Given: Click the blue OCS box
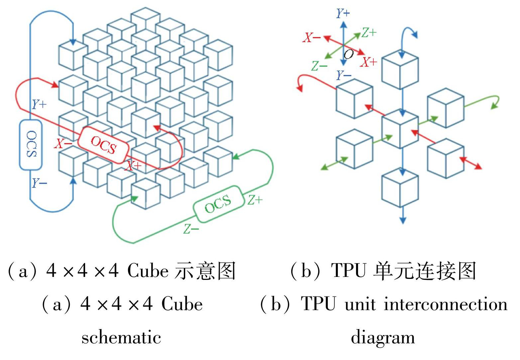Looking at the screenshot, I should (31, 145).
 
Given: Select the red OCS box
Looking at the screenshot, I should (103, 145).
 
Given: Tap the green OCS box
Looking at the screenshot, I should (218, 203).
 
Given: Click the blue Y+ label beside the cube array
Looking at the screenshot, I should (39, 104).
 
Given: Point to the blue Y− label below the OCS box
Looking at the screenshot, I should (39, 183).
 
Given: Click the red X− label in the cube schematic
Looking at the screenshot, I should (63, 144).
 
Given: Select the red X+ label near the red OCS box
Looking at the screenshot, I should (133, 166).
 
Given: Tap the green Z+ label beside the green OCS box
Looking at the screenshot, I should (255, 200).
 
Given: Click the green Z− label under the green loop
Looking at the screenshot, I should (191, 229).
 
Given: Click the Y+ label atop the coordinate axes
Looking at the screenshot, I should (343, 13).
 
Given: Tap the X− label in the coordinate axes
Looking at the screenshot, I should (312, 38).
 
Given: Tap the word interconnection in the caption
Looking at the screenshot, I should (446, 304).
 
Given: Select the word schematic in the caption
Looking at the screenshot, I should (121, 338).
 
